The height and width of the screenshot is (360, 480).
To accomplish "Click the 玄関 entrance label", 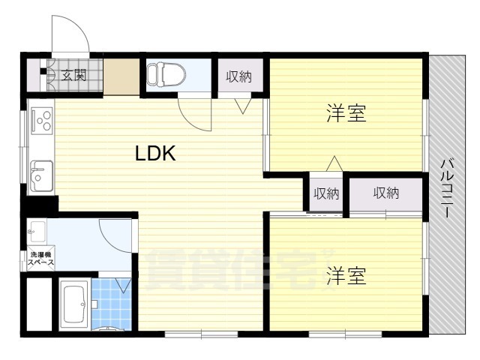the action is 73,75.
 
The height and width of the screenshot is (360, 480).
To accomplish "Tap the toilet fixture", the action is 166,74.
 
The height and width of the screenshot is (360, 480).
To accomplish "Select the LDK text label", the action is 155,153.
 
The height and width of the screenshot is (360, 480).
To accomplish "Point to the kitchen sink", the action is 41,176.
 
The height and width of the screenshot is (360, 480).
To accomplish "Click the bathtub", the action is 75,304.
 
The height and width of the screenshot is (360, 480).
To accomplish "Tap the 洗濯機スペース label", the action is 41,258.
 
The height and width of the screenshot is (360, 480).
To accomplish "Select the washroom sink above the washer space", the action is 37,230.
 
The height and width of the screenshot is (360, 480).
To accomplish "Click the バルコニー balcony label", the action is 447,188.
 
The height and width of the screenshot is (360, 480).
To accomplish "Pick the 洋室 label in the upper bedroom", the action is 346,113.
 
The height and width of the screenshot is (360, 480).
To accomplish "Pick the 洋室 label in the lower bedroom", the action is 346,275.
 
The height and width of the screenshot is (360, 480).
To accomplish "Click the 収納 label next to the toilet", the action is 239,76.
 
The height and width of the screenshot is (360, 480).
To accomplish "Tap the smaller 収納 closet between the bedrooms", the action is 326,193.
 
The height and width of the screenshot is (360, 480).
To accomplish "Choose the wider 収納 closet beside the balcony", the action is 386,193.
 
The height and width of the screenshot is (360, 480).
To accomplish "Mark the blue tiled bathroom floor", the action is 112,304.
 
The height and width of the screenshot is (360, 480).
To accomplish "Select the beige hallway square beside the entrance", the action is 121,76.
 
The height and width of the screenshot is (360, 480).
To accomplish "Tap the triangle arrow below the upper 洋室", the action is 334,163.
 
